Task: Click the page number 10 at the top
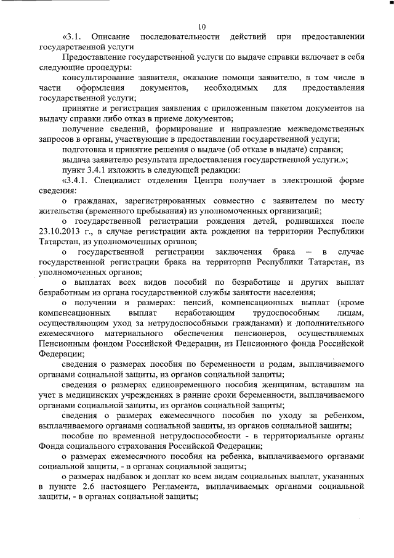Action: tap(203, 26)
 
